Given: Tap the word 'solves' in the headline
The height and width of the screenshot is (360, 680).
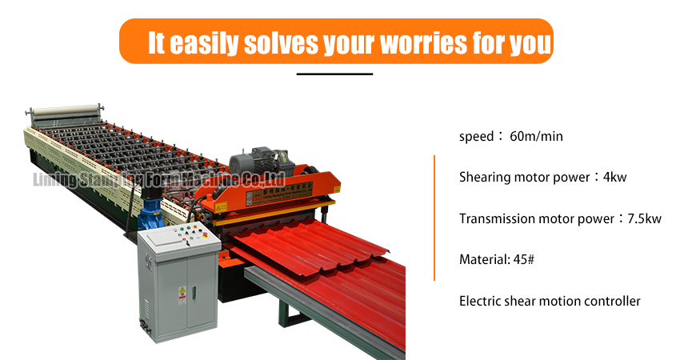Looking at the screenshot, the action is coord(281,43).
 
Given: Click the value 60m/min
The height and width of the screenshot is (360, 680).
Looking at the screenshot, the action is coord(536,136).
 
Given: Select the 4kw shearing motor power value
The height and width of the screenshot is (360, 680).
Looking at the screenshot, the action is coord(614,177).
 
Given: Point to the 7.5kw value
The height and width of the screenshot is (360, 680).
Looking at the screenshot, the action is coord(645,218).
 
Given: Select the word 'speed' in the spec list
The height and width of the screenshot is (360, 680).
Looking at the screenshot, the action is coord(476,137).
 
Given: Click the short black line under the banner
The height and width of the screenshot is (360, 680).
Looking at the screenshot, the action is coord(334,74).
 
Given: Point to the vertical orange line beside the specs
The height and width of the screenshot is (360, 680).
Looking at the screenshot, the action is coord(434,218).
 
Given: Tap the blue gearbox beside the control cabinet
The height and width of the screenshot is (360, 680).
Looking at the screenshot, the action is coord(150,214).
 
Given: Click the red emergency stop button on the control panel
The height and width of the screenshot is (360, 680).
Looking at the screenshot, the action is coord(205,235).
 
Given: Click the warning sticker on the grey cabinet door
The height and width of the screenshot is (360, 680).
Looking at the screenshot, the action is coord(182,295).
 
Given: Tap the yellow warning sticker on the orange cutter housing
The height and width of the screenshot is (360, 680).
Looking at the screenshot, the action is coord(221,208).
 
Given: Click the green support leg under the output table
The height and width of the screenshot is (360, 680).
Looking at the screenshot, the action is coord(284,312).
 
